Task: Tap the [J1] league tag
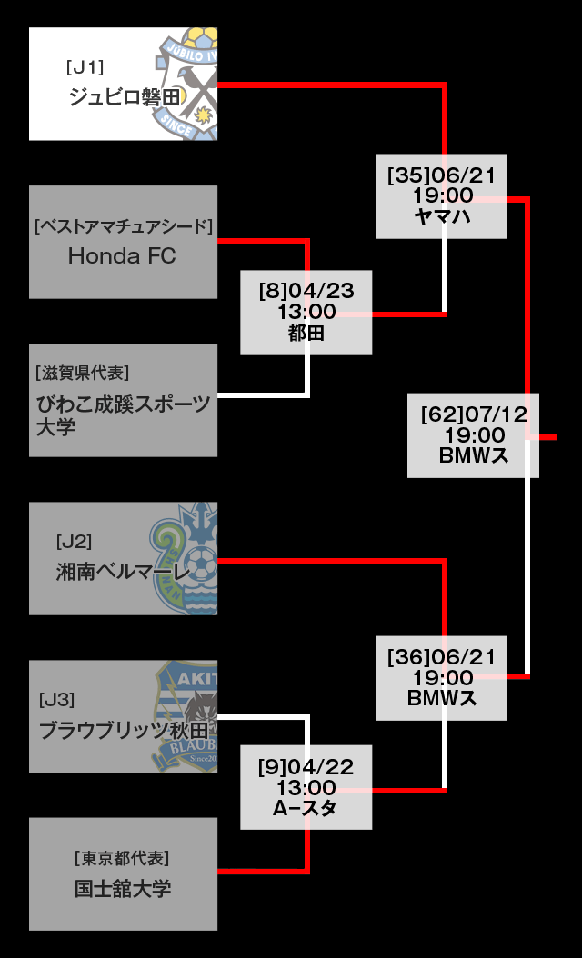[85, 66]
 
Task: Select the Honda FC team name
[122, 256]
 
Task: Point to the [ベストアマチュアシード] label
[123, 225]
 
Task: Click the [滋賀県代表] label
[82, 373]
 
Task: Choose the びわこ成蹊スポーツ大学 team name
[122, 414]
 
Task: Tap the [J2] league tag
[74, 542]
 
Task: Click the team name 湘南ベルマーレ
[123, 572]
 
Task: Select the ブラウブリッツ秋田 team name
[123, 730]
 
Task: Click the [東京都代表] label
[122, 858]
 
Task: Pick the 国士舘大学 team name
[123, 888]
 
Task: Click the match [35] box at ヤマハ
[442, 196]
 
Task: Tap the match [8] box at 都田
[306, 313]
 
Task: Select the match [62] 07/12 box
[473, 435]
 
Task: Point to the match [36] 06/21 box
[442, 678]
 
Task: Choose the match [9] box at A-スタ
[306, 787]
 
